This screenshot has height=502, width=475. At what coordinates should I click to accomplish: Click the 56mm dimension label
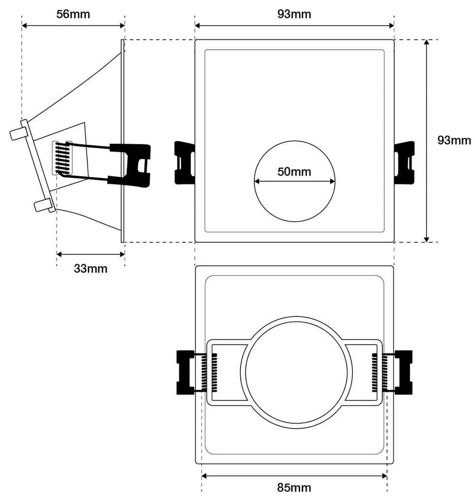73,14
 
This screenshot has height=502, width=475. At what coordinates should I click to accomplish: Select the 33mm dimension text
91,269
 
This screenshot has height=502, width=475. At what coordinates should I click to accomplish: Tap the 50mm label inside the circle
294,172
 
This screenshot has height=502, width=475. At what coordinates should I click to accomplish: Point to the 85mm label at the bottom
294,488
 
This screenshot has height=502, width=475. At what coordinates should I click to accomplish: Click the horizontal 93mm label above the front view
294,14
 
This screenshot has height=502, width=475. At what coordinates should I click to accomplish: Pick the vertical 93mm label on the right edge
454,140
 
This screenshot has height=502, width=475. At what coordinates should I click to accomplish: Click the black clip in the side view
130,164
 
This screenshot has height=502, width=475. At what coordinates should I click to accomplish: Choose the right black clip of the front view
404,162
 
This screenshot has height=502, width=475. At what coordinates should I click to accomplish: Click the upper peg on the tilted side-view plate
18,133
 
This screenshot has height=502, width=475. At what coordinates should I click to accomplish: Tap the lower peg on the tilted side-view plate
43,205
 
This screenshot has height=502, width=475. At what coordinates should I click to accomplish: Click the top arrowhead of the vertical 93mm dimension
427,43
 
